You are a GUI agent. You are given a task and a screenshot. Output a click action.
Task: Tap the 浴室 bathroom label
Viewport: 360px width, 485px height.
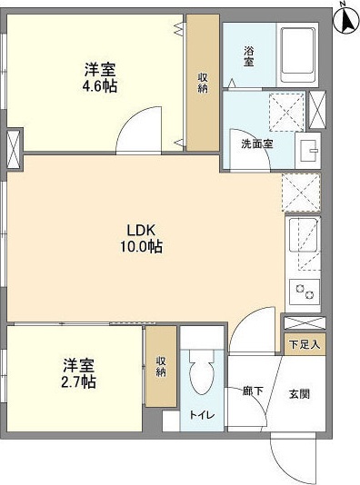click(x=249, y=55)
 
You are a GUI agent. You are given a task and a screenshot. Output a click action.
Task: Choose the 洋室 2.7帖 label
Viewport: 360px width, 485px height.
click(x=80, y=372)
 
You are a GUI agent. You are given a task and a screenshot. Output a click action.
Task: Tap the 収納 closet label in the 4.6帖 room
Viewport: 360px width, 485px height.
click(x=203, y=83)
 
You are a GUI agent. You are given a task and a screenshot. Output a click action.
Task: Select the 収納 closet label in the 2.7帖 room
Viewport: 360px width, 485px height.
click(x=161, y=366)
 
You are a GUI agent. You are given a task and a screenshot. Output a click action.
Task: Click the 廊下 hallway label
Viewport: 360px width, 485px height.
click(x=253, y=392)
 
